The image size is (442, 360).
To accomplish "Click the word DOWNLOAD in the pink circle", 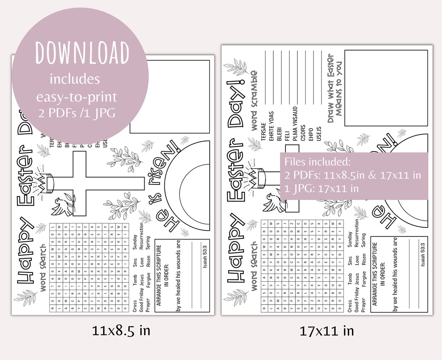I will (82, 52).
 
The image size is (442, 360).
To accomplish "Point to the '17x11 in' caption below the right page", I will (326, 331).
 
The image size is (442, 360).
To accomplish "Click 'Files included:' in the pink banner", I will (317, 161).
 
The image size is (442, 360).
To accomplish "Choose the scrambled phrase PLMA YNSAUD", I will (295, 124).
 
